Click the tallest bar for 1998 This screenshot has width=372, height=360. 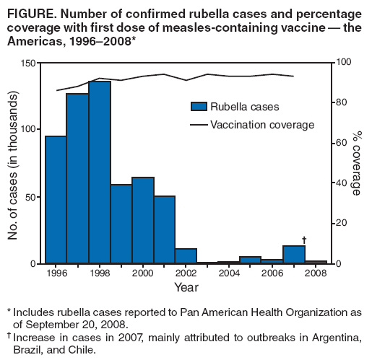point(100,173)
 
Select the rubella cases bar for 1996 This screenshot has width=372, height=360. point(56,200)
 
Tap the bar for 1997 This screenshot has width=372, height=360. point(78,179)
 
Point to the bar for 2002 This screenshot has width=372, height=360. point(186,256)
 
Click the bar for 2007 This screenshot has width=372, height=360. point(294,255)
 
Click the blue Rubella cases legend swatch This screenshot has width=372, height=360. point(199,107)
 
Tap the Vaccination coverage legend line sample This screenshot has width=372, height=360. point(199,125)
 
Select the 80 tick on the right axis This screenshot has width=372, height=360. point(339,102)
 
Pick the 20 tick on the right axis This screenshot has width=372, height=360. point(339,224)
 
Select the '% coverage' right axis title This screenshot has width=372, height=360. point(356,164)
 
